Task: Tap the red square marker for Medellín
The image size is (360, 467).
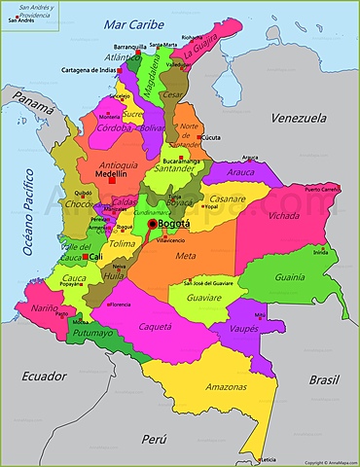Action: (x=113, y=180)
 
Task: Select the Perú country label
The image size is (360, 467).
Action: (x=154, y=440)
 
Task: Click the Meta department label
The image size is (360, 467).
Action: (x=186, y=256)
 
